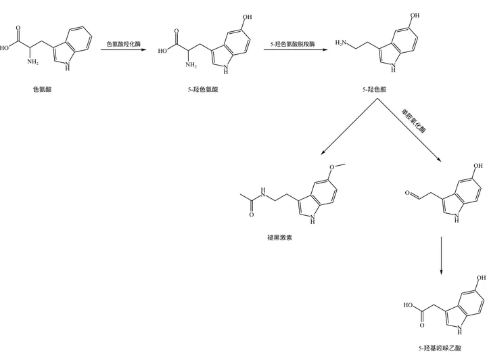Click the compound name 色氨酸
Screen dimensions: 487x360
pyautogui.click(x=42, y=89)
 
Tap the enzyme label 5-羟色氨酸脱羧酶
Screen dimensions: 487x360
pyautogui.click(x=289, y=43)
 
